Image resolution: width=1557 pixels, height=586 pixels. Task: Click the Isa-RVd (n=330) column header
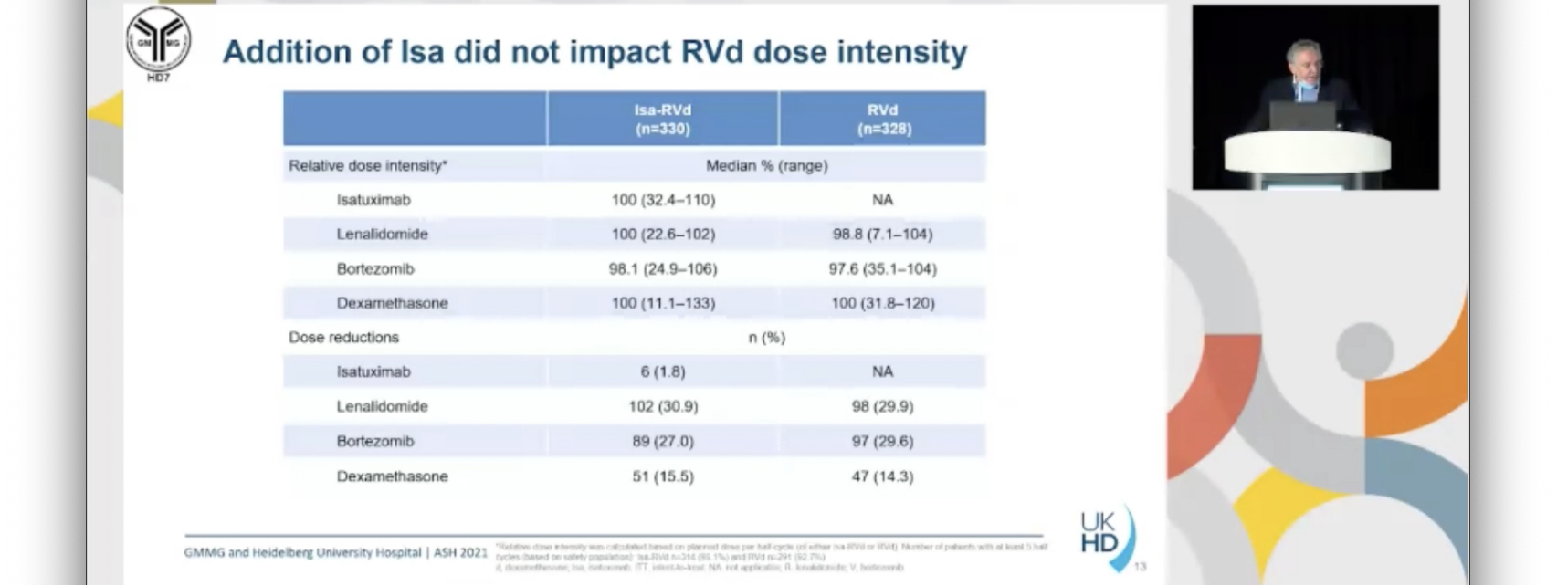663,119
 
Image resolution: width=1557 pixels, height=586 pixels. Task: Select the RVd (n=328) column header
883,119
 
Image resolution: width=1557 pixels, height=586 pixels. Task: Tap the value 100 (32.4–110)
663,200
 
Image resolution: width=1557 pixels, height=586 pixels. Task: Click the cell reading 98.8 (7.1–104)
883,235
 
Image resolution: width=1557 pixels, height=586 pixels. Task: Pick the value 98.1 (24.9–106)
663,269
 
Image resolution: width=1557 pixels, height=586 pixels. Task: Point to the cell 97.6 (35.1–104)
883,269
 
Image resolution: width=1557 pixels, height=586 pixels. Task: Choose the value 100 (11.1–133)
663,303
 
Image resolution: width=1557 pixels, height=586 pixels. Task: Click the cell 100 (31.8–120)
883,303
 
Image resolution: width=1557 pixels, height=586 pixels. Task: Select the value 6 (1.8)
663,371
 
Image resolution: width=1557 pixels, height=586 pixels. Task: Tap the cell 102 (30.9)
663,406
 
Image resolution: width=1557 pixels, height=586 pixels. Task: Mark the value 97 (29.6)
883,441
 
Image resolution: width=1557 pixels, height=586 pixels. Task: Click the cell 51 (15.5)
663,476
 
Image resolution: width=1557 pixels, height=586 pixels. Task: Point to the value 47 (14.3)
883,476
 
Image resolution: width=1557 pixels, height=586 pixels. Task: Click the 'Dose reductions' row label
344,338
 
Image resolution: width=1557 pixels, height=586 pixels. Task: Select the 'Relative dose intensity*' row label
368,166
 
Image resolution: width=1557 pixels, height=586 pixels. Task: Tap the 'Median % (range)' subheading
767,166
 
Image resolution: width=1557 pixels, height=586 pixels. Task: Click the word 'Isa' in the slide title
422,52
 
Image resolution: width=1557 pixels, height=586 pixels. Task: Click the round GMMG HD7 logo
158,41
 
